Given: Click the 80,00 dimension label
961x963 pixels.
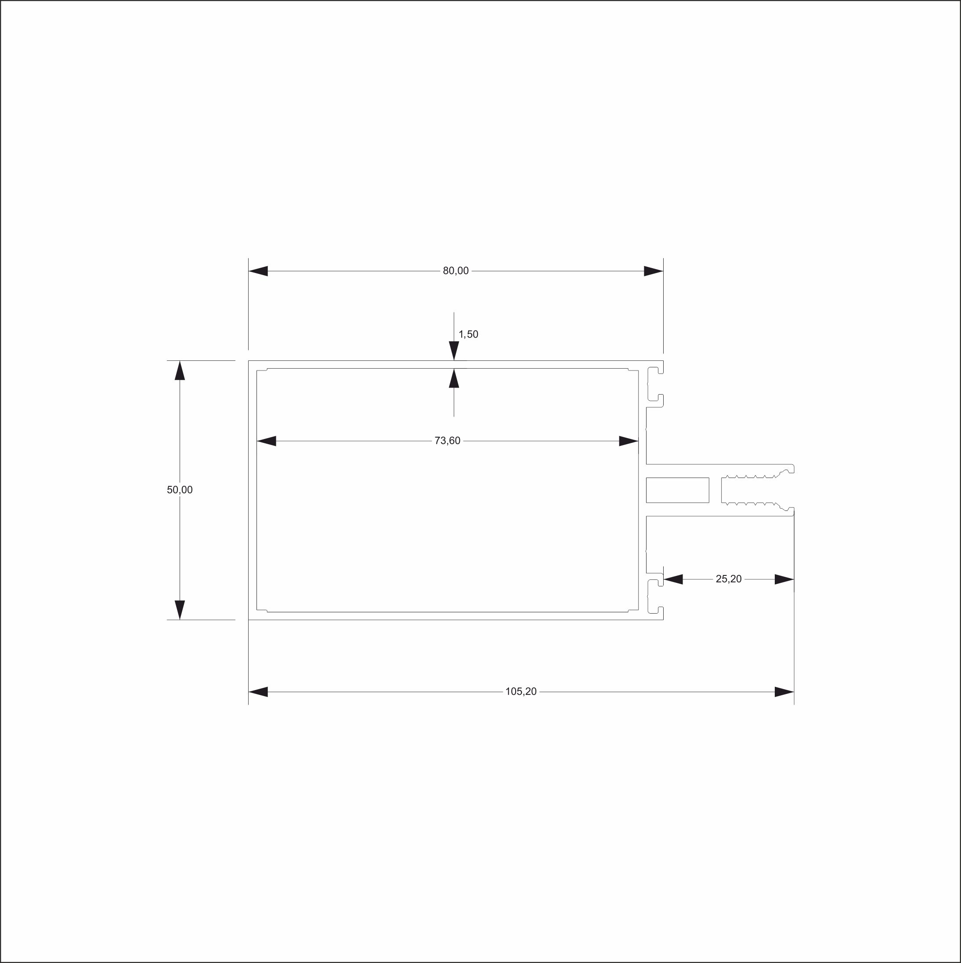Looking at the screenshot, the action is (456, 271).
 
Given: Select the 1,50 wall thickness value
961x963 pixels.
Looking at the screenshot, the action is (468, 334).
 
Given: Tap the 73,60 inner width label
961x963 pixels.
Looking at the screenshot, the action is (447, 441).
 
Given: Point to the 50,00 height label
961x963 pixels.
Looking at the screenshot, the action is (180, 489).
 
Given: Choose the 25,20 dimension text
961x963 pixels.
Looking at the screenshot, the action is (729, 579).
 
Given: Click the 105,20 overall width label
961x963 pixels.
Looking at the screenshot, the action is (521, 691).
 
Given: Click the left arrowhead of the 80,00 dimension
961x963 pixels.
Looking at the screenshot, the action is (258, 271).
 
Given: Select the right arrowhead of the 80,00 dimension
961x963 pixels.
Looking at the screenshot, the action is (653, 271).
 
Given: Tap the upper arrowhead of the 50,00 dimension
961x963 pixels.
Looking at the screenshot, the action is (180, 370).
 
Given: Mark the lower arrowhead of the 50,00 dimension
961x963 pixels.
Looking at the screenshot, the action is (180, 610).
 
